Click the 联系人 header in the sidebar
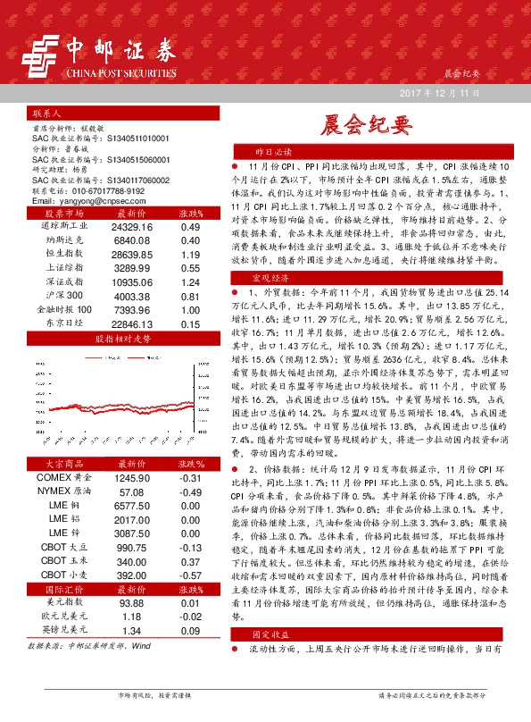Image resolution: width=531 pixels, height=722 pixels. point(46,114)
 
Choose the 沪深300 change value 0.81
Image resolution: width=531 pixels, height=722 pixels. point(190,296)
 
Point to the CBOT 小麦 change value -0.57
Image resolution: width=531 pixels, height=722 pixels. point(190,575)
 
